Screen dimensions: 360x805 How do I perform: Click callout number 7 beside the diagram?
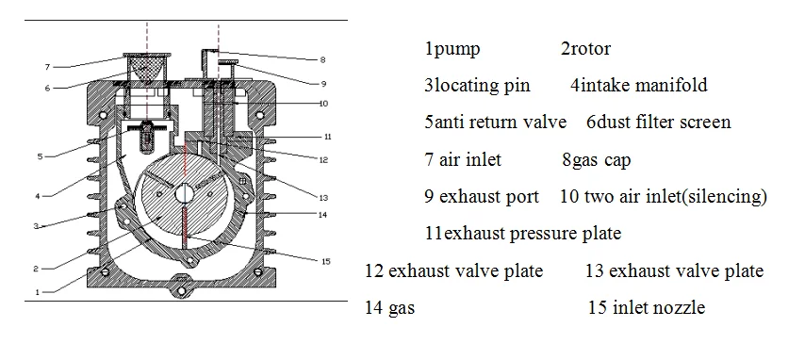[x=46, y=67]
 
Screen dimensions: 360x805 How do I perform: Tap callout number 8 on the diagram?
[x=322, y=59]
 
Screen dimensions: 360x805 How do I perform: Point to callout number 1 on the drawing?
[x=37, y=292]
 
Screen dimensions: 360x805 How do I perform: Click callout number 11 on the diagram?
[x=326, y=135]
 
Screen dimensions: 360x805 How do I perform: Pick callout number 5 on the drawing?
[x=40, y=156]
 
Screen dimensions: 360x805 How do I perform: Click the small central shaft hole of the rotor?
[x=184, y=193]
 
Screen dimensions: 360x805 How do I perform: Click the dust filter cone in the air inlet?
[x=146, y=67]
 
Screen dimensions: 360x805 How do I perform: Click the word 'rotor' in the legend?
[x=591, y=49]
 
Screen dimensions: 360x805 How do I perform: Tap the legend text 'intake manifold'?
[x=644, y=86]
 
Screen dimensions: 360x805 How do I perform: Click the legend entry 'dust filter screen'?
[x=663, y=123]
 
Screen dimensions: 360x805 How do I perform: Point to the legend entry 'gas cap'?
[x=594, y=160]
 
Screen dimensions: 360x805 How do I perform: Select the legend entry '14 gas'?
[x=389, y=308]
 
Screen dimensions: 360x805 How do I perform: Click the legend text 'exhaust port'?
[x=489, y=197]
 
